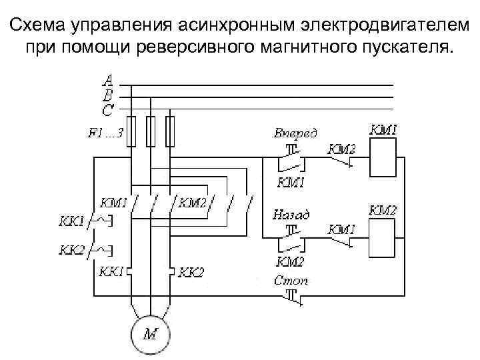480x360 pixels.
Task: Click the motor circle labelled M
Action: [151, 333]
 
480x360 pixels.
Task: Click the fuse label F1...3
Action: [105, 132]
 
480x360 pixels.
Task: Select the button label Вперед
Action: [295, 132]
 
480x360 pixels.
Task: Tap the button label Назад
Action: [291, 215]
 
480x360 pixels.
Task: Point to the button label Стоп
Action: [291, 281]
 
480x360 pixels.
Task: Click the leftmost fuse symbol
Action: [133, 131]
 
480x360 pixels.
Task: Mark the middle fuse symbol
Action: [151, 131]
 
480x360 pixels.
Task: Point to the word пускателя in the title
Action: [399, 48]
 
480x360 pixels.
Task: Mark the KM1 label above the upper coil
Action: [383, 129]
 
